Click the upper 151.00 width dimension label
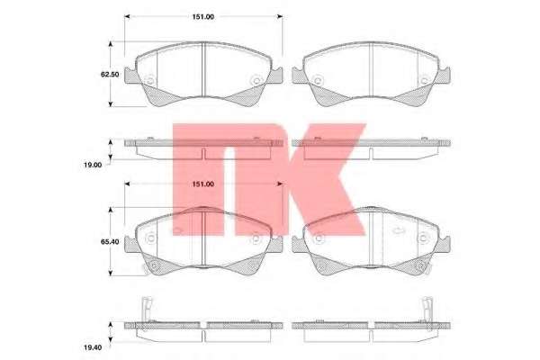tap(202, 17)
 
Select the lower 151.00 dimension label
tap(202, 184)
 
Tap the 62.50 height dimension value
tap(110, 74)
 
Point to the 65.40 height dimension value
tap(110, 242)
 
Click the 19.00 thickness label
tap(93, 165)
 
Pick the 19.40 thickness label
tap(93, 347)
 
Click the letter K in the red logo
tap(325, 179)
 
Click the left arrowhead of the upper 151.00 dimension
tap(127, 16)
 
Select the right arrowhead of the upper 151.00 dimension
tap(280, 16)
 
